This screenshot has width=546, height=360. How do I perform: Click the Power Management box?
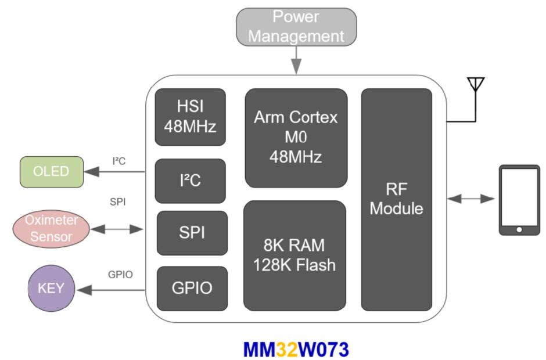click(296, 27)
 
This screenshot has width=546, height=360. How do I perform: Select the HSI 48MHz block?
click(190, 117)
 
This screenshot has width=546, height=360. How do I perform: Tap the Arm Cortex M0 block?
click(296, 137)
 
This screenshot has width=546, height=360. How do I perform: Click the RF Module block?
click(397, 199)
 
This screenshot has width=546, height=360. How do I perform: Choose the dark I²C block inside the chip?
click(190, 180)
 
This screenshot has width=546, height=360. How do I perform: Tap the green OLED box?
click(51, 171)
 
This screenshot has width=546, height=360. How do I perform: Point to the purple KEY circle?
click(52, 289)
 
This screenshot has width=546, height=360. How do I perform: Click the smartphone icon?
click(519, 200)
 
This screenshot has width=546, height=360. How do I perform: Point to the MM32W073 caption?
click(296, 349)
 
